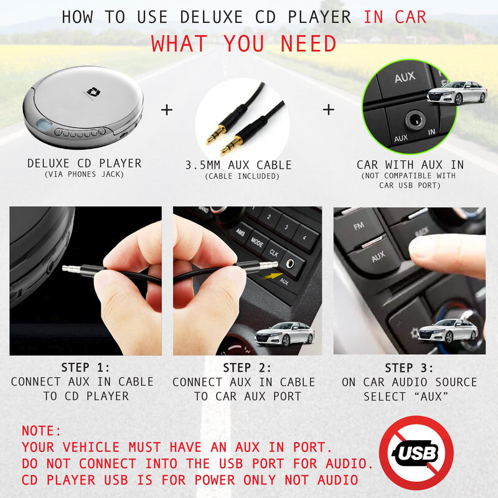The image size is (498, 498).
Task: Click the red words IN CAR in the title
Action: click(x=395, y=17)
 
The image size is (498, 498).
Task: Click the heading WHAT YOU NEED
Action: click(x=243, y=44)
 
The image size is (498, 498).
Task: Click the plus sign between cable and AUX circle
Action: click(x=328, y=110)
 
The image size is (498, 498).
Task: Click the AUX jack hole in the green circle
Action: click(x=413, y=118)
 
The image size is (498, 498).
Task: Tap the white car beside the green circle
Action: click(x=457, y=93)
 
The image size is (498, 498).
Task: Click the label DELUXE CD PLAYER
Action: click(x=84, y=164)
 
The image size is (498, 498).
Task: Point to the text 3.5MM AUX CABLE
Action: click(x=238, y=166)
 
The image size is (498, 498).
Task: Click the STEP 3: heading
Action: click(x=409, y=367)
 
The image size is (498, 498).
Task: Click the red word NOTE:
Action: click(x=42, y=431)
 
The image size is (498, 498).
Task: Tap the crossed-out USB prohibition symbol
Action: click(x=416, y=453)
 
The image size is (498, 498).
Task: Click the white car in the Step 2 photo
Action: click(x=284, y=334)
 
